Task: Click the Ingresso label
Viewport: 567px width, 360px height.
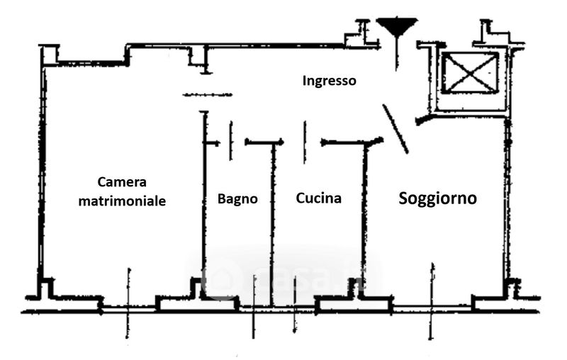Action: (329, 81)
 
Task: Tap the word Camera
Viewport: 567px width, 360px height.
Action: (121, 182)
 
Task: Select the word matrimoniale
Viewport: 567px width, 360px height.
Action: (122, 201)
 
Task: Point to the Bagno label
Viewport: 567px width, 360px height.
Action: (237, 199)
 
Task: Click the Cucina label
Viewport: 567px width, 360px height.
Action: (318, 198)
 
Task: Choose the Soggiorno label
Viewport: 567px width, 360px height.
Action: (437, 198)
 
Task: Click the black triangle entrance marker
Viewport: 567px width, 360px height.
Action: (395, 28)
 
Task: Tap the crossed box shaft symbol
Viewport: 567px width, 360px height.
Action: (469, 73)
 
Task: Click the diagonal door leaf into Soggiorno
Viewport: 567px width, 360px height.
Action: (395, 128)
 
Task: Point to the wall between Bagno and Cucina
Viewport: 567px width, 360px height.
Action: (272, 220)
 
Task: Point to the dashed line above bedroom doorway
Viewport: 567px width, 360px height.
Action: (207, 94)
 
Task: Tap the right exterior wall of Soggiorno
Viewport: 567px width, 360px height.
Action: (507, 198)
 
